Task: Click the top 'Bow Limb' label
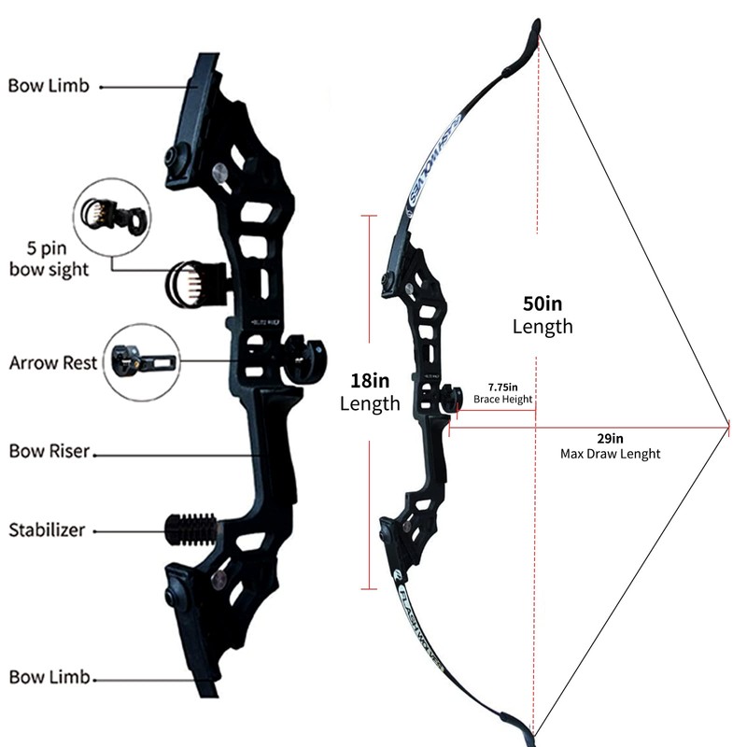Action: coord(49,86)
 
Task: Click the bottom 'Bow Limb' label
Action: coord(49,676)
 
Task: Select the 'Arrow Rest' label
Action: coord(53,362)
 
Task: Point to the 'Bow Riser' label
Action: coord(49,451)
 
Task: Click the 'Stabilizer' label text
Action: coord(47,530)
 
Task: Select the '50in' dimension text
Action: coord(543,304)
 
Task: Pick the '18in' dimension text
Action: coord(369,381)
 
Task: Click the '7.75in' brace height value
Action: coord(502,386)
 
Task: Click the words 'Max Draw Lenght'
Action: coord(610,454)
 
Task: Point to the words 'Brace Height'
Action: coord(502,400)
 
